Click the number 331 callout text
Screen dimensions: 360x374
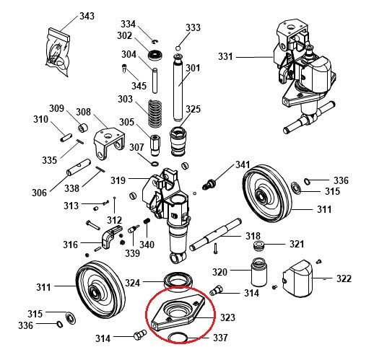226,56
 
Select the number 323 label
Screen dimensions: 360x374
227,317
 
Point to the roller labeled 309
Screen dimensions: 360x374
82,128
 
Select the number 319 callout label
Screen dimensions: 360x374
118,180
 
